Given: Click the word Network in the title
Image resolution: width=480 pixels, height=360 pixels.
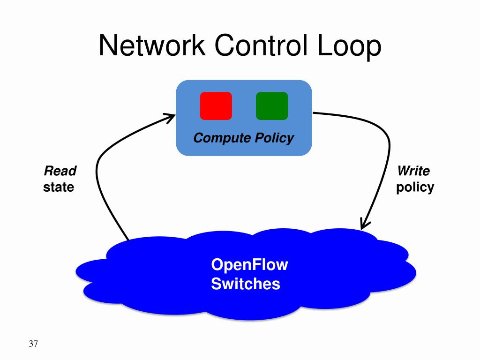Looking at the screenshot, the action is [x=152, y=45].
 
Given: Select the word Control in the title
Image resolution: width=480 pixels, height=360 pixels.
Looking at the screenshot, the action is [x=261, y=45].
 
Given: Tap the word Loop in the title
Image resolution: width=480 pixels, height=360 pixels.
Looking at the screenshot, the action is [x=349, y=46].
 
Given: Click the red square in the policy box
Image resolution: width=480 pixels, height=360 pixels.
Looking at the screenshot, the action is [x=216, y=105].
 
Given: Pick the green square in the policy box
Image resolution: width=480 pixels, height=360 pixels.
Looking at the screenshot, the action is [x=272, y=105].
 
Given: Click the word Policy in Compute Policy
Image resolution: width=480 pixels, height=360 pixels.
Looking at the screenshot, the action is [x=275, y=138].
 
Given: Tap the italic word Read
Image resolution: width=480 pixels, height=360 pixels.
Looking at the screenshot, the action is [x=60, y=171].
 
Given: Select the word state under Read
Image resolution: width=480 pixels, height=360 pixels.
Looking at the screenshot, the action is [x=59, y=187].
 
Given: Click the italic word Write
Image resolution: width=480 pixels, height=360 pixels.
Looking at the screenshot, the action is [x=413, y=171].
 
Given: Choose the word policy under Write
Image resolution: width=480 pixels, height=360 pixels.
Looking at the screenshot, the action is [x=415, y=187].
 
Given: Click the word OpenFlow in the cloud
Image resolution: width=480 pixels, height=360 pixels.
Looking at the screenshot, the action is [x=249, y=265].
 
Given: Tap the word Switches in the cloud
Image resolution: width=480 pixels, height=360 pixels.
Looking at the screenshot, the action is [x=246, y=284].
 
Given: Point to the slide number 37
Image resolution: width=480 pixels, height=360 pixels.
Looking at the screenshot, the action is [x=33, y=344].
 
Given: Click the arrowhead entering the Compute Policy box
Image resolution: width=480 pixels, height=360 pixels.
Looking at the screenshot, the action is [x=170, y=117].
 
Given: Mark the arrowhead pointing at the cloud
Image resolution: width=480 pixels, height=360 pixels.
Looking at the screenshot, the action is [x=365, y=224].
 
